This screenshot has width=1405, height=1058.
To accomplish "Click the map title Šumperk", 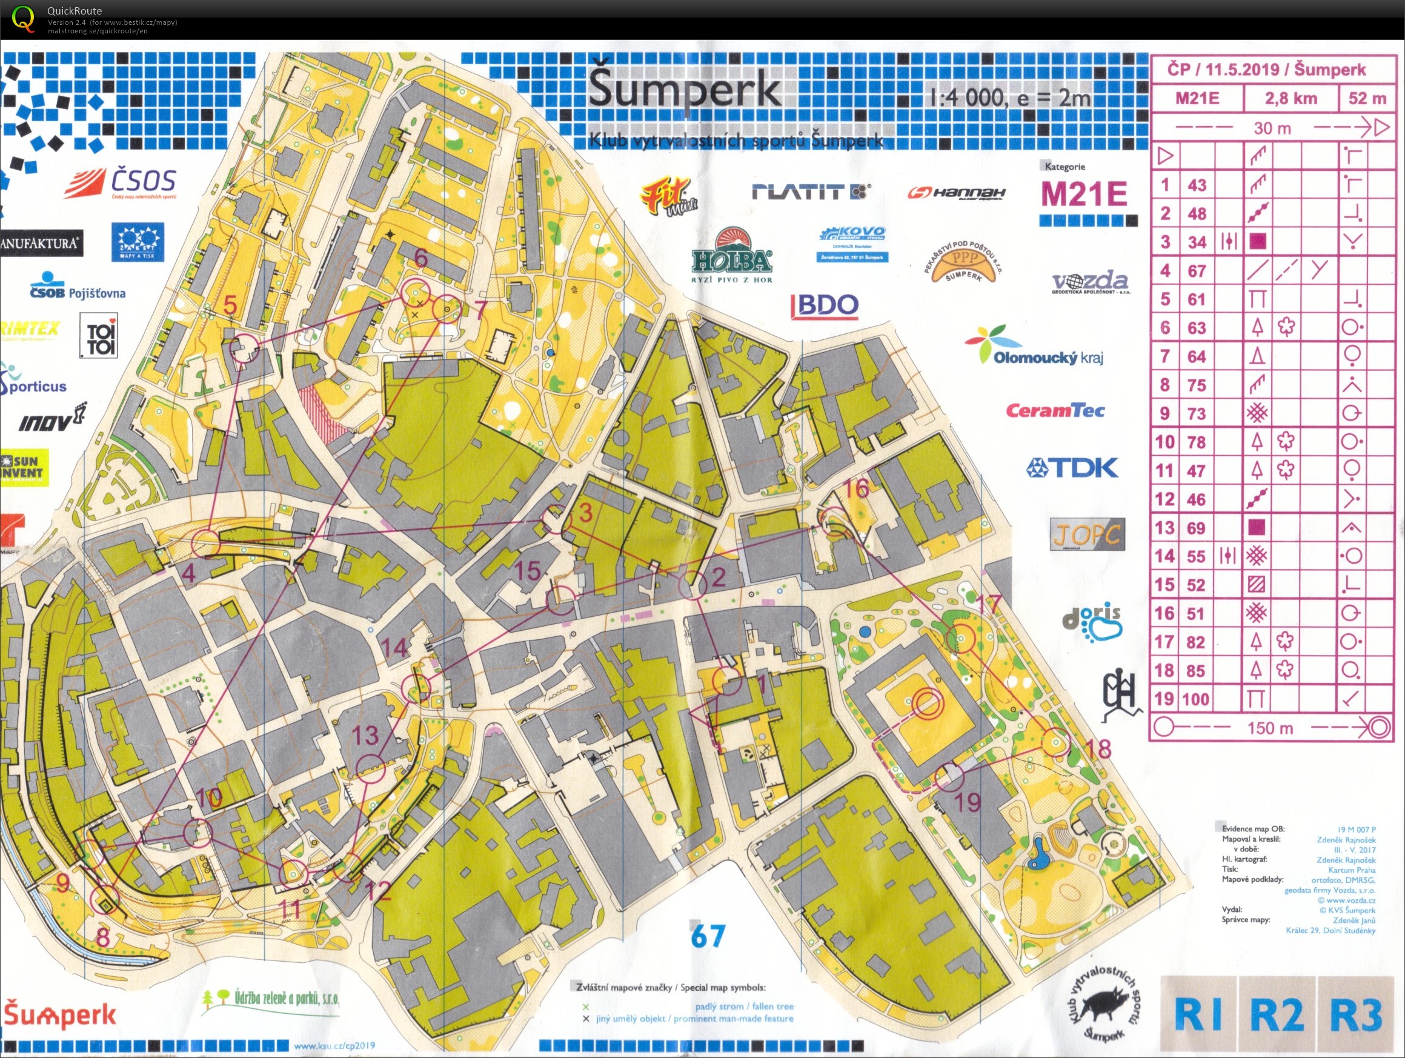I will click(x=684, y=91).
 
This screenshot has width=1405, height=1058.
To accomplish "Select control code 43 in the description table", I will click(x=1197, y=185).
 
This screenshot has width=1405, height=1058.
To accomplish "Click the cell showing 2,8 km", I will click(x=1290, y=99).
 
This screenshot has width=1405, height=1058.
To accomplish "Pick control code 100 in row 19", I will click(x=1195, y=700).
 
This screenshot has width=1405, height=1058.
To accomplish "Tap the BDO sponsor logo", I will click(x=825, y=305).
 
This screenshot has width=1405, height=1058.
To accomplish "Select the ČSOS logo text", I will click(x=143, y=181).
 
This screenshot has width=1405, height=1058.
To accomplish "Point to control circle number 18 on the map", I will click(x=1056, y=742).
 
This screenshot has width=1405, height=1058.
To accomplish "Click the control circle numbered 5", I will click(x=244, y=349).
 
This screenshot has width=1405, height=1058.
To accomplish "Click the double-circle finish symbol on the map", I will click(x=928, y=704).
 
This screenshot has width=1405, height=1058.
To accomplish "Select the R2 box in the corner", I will click(x=1277, y=1015).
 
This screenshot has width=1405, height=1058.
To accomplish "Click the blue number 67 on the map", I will click(x=708, y=936).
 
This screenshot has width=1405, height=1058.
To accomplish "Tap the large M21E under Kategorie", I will click(x=1084, y=194).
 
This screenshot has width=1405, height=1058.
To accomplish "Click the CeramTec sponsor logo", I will click(x=1055, y=410).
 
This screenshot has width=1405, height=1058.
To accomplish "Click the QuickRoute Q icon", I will click(x=24, y=18).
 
